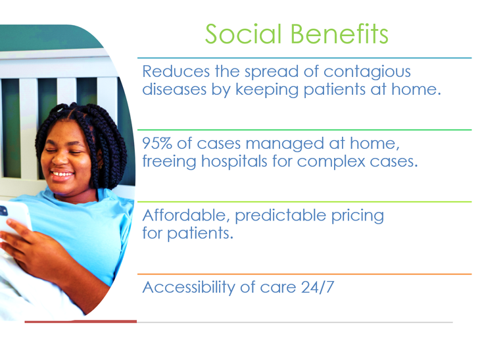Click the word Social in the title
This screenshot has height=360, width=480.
click(243, 34)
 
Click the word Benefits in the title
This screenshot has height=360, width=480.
click(339, 34)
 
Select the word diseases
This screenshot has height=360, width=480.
click(174, 90)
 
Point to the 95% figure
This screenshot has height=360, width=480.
click(157, 143)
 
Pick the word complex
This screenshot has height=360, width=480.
click(331, 162)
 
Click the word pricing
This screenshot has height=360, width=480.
click(358, 217)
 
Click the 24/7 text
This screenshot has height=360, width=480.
click(318, 288)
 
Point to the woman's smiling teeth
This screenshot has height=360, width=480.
click(62, 174)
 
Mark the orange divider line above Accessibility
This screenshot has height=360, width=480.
click(304, 274)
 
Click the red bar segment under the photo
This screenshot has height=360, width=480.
click(81, 321)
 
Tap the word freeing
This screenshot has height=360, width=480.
click(169, 161)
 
